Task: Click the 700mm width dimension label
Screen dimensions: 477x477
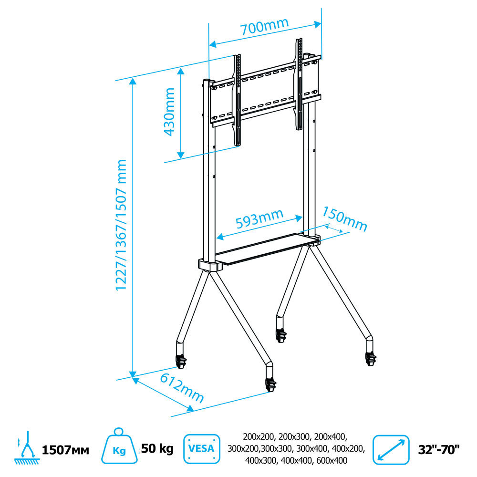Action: (264, 26)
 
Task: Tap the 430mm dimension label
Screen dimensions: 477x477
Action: (169, 111)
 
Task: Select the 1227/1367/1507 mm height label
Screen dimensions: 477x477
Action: (121, 225)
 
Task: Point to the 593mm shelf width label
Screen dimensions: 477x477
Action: (259, 219)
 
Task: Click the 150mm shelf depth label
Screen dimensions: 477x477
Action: (345, 218)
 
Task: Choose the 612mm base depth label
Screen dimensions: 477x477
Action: (182, 388)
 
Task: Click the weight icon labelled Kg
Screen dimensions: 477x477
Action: (119, 446)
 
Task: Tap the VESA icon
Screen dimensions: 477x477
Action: (202, 449)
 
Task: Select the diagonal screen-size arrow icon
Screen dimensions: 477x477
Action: (391, 450)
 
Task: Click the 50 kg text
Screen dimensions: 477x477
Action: (157, 448)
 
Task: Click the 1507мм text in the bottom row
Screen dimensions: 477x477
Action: (65, 450)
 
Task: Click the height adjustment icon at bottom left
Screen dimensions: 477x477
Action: (27, 448)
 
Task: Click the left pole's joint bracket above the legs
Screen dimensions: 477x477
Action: (210, 265)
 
